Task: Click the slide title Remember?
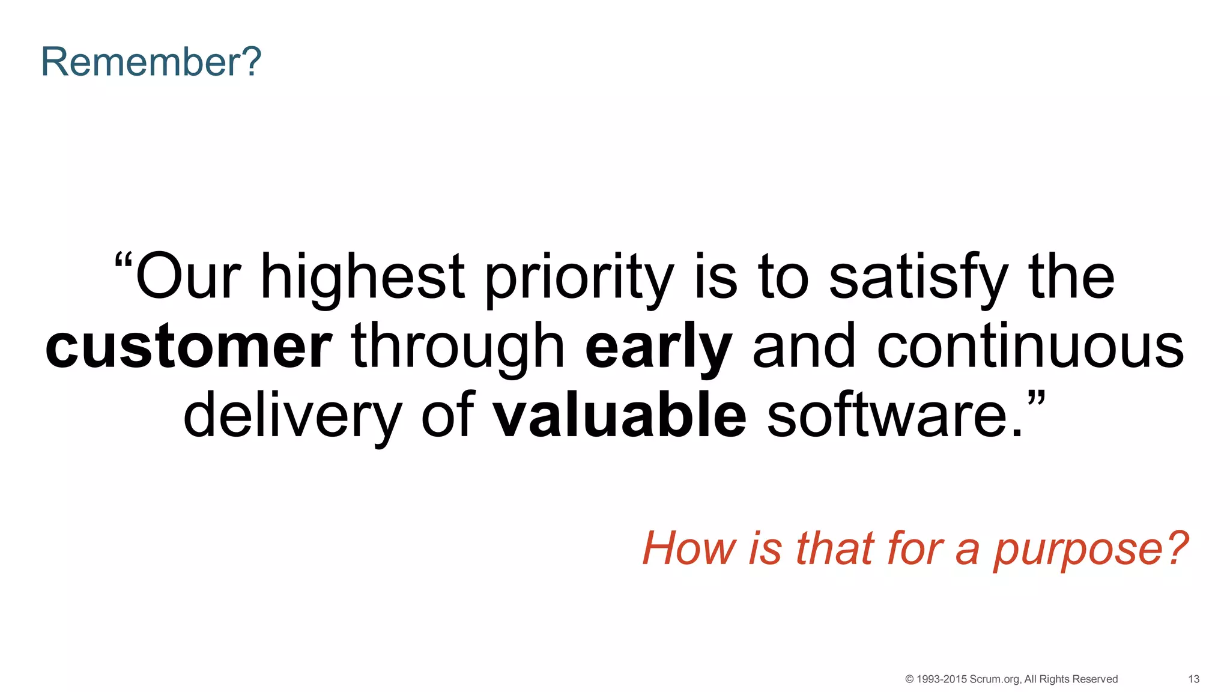(x=151, y=62)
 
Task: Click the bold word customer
(x=189, y=347)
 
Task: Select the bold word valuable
(x=619, y=416)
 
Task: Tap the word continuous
(x=1030, y=347)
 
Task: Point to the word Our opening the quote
(x=188, y=278)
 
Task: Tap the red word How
(x=689, y=548)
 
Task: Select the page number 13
(x=1193, y=679)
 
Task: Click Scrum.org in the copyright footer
(x=995, y=679)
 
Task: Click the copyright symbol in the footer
(x=909, y=679)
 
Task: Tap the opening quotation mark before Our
(x=123, y=262)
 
